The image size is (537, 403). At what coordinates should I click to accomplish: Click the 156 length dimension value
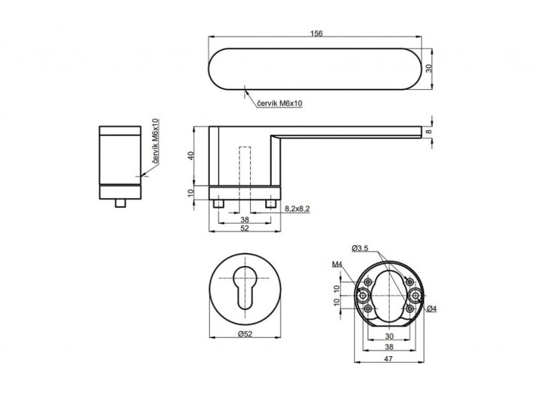[x=317, y=34]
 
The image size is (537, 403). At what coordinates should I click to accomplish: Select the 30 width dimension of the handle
[x=429, y=68]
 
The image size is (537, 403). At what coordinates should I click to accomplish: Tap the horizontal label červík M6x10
[x=280, y=103]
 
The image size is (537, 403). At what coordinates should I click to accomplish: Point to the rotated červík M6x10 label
[x=155, y=141]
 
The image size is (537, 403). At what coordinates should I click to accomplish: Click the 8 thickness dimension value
[x=429, y=131]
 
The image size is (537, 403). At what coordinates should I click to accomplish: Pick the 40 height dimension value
[x=191, y=155]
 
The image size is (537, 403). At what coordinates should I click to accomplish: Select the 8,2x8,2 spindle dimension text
[x=297, y=209]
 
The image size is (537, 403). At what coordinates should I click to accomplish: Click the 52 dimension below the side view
[x=244, y=228]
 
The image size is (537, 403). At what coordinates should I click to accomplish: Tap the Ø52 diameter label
[x=245, y=333]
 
